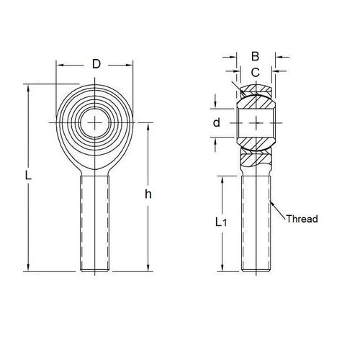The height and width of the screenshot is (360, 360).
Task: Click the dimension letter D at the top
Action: coord(96,65)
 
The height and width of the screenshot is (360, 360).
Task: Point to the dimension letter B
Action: coord(255,55)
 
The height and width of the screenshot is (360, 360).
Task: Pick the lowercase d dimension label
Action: coord(216,122)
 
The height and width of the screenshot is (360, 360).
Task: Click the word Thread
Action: coord(302,219)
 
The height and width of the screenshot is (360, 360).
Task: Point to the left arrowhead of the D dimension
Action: coord(59,65)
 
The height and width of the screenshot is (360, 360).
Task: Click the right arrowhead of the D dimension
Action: coord(132,65)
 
